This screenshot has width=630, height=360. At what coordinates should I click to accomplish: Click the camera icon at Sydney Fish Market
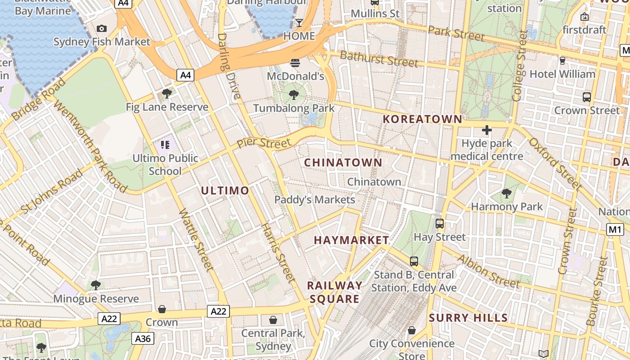click(x=102, y=29)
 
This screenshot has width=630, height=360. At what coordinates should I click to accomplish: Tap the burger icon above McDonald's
click(x=295, y=63)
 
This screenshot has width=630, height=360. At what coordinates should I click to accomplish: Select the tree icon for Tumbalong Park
click(x=294, y=94)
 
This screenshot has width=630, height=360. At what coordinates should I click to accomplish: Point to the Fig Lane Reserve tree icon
click(x=167, y=94)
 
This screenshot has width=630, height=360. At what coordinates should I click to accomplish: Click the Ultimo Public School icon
click(x=165, y=145)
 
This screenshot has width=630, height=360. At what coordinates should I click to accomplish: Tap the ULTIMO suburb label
click(x=225, y=190)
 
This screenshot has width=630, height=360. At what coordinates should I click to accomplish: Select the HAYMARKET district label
click(x=351, y=240)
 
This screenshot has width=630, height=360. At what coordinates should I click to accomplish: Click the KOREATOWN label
click(x=422, y=119)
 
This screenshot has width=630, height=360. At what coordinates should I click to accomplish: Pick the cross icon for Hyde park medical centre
click(x=486, y=130)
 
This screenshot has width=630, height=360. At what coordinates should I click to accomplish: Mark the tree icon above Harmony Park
click(x=507, y=193)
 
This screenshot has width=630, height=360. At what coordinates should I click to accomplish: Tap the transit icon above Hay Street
click(x=440, y=223)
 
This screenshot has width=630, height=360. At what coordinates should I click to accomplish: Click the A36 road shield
click(x=143, y=338)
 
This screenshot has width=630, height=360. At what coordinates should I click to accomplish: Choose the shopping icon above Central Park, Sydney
click(x=273, y=320)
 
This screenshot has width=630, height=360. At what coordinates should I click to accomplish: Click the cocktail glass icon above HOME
click(x=299, y=22)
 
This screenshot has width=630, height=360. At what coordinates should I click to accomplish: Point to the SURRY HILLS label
click(x=468, y=318)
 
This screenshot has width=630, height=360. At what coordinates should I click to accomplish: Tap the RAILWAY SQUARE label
click(x=335, y=292)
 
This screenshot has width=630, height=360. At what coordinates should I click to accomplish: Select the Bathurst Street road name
click(x=379, y=59)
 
